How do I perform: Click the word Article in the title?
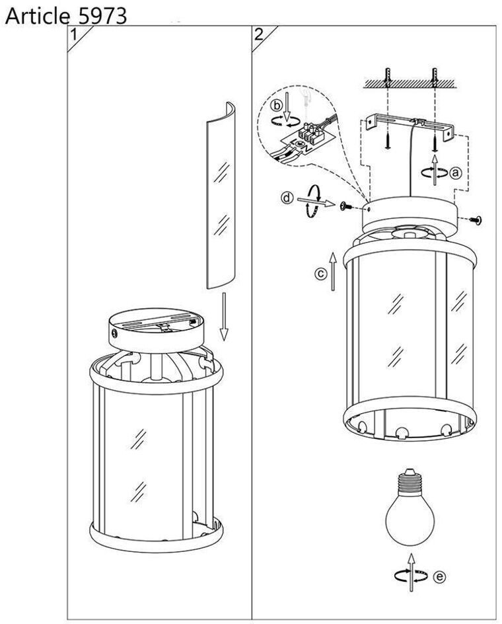point(38,17)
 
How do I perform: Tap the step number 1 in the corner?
point(74,35)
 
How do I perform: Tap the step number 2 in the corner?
point(259,34)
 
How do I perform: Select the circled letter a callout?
point(456,173)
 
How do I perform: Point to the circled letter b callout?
point(277,106)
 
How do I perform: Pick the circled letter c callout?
point(320,274)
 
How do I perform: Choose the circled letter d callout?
point(287,198)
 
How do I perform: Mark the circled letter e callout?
point(439,576)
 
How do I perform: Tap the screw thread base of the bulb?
point(410,483)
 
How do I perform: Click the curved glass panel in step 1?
point(221,195)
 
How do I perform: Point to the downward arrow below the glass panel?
point(225,317)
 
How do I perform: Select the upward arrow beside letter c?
point(333,270)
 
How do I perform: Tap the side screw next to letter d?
point(345,206)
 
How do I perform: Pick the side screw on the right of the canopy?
point(476,219)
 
